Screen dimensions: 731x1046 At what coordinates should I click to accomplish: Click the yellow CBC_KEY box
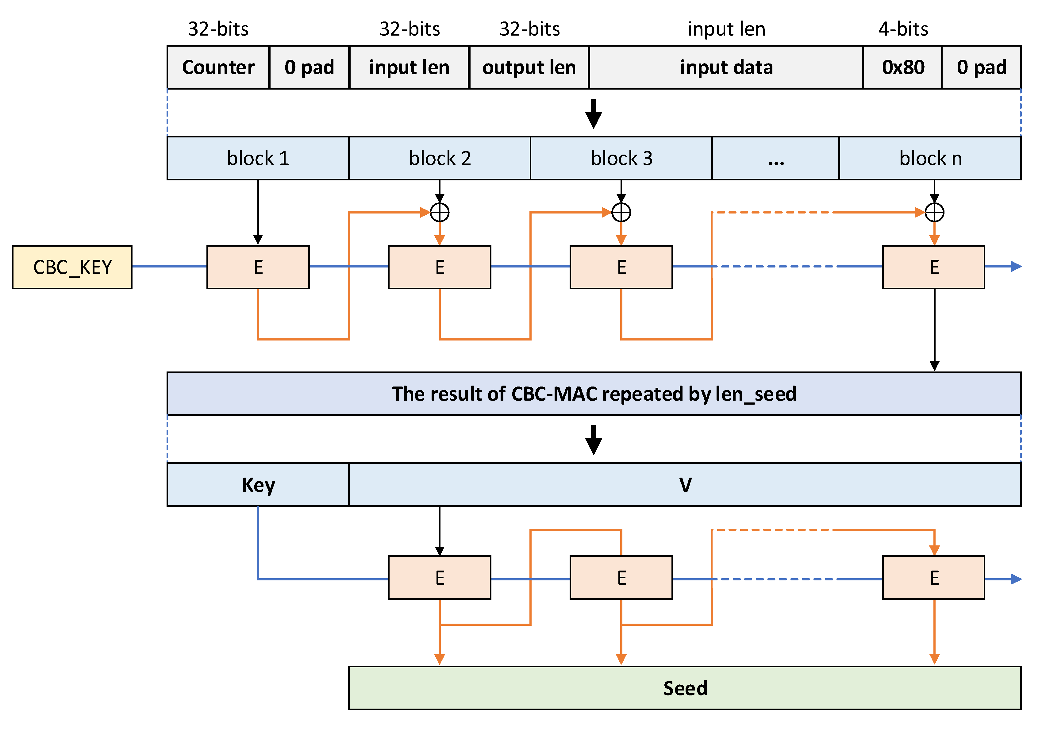point(72,267)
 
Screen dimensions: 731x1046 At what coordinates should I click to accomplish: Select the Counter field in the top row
point(218,67)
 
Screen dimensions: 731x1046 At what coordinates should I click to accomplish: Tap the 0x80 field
point(902,67)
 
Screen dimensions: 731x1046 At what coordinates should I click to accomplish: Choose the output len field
point(529,67)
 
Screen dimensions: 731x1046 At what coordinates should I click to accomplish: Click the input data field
point(726,67)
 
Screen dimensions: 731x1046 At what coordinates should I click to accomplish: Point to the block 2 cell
point(439,158)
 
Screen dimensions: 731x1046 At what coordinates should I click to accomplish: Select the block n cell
point(930,158)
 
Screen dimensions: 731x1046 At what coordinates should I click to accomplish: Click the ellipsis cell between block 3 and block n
point(775,158)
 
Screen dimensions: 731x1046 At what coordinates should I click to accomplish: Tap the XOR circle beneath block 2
point(439,212)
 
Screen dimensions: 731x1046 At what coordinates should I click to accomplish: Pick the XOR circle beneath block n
point(934,212)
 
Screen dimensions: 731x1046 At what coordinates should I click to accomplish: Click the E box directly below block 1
point(258,267)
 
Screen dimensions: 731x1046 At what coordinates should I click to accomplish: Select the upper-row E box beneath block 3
point(621,267)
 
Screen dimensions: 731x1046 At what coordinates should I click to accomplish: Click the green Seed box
point(684,688)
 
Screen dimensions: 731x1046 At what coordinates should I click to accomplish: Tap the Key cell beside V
point(258,485)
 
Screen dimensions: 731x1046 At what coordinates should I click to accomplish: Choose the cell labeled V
point(684,485)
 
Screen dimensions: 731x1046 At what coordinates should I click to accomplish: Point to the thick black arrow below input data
point(593,114)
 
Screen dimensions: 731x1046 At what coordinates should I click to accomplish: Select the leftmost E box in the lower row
point(439,578)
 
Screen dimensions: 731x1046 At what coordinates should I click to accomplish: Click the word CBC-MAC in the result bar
point(554,394)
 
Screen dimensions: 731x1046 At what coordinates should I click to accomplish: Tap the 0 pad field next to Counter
point(309,67)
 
